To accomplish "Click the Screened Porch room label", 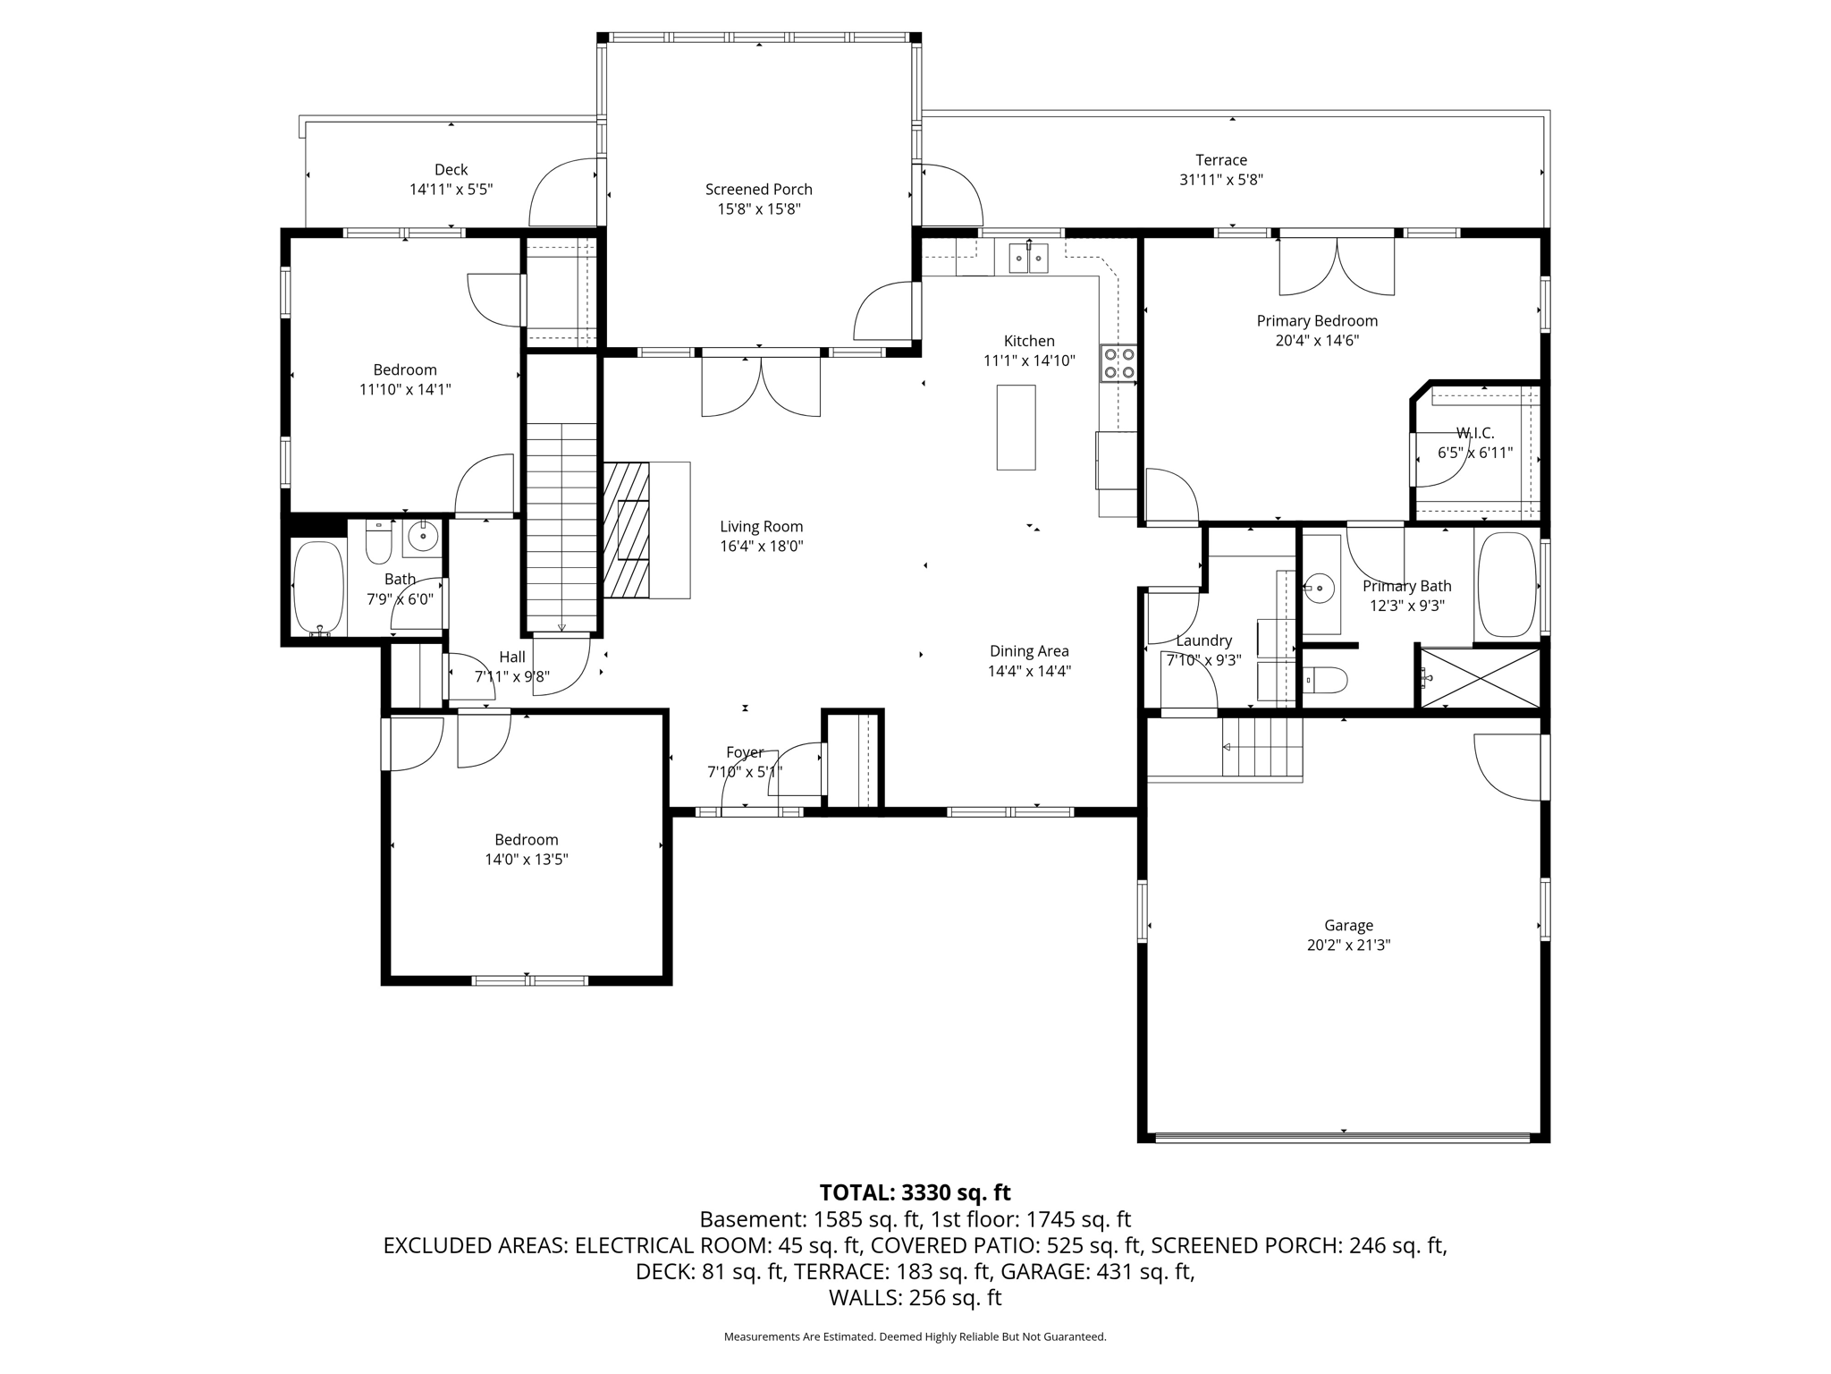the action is [758, 190].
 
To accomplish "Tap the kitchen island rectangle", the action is [1016, 428].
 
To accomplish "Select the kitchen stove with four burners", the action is [1118, 363].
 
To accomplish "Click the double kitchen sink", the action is [1028, 258].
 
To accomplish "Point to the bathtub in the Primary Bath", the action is [1506, 586].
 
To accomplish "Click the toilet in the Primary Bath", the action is [1324, 681].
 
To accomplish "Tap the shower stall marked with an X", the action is [1480, 678].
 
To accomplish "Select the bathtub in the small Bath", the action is [318, 589].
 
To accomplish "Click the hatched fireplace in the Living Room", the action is [627, 530].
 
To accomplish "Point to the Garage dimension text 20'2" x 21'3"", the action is [1348, 946].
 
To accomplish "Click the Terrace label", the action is [1221, 160].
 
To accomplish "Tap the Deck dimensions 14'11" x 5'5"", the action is [451, 190].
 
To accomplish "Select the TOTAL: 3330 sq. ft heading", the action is [915, 1192].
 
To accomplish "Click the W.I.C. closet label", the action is [1474, 434].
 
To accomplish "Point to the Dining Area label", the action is [1029, 651].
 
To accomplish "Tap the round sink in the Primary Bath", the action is [1319, 589].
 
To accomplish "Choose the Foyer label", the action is [745, 753].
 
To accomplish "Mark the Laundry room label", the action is [1203, 640].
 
